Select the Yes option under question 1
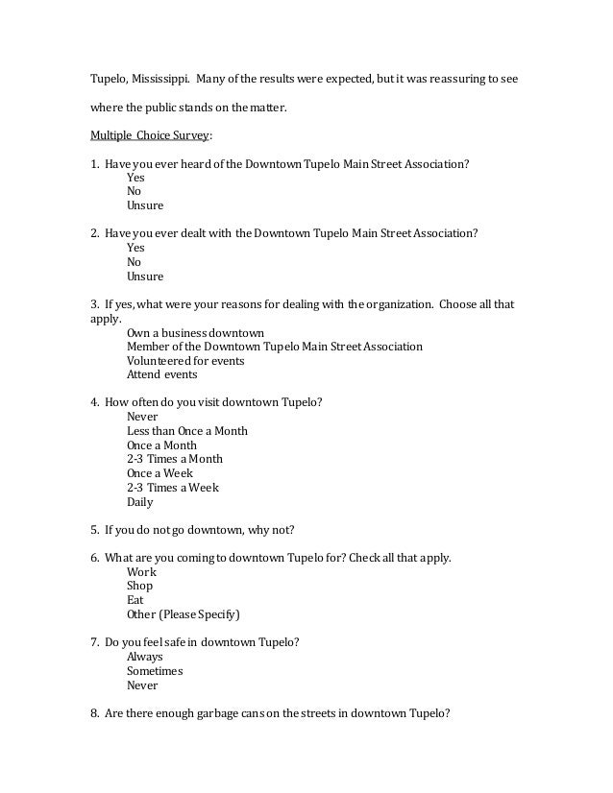coord(135,178)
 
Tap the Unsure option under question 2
coord(145,276)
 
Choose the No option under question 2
coord(135,262)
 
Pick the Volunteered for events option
coord(184,360)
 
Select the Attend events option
coord(161,374)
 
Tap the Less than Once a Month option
coord(186,431)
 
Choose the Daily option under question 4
coord(139,501)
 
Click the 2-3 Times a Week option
coord(173,487)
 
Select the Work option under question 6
coord(141,571)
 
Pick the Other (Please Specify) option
coord(183,613)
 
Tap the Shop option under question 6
coord(139,586)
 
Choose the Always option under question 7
coord(144,657)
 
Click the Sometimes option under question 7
coord(154,671)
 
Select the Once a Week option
coord(159,473)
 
